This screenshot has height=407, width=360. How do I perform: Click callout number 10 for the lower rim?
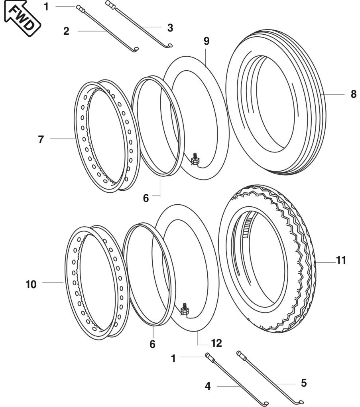(31, 285)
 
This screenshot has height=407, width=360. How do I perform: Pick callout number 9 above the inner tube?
(206, 41)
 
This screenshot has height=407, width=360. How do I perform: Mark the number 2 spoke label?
(66, 31)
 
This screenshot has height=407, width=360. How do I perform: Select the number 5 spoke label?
(304, 383)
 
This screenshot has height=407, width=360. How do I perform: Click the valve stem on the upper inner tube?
(195, 159)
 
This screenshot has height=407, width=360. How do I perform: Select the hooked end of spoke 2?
(136, 49)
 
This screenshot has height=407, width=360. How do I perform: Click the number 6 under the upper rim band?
(146, 198)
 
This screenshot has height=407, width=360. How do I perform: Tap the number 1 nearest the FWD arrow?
(46, 7)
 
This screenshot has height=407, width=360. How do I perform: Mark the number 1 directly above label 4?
(173, 359)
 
